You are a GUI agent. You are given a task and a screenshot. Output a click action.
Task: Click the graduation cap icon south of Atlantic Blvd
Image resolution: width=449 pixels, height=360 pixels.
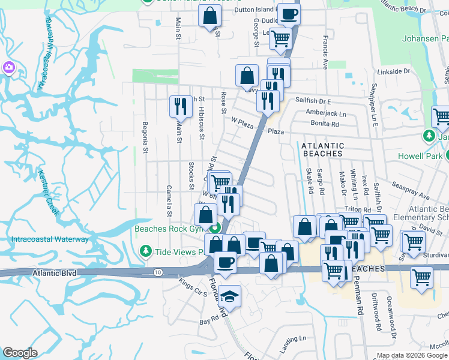click(x=229, y=296)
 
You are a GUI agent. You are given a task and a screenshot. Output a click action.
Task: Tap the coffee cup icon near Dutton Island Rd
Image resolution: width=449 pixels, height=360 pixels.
click(x=288, y=13)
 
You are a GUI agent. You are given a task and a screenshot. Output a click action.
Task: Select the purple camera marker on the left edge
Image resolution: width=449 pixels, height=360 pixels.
click(x=9, y=67)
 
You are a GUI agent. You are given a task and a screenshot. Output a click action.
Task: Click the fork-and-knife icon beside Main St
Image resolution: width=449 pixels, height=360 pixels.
click(x=179, y=107)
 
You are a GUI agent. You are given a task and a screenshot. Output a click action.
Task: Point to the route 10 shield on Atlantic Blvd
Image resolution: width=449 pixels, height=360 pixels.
click(x=157, y=272)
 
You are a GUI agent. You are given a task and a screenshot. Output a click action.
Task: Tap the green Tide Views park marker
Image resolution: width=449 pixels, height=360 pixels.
click(x=145, y=251)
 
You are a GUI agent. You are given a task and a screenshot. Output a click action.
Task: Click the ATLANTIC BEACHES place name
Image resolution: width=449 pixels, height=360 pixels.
click(x=322, y=149)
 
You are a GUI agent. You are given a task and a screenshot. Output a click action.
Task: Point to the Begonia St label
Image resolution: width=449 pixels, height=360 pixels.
click(x=145, y=137)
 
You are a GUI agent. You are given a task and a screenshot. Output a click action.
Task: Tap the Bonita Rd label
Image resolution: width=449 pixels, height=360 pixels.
click(x=325, y=124)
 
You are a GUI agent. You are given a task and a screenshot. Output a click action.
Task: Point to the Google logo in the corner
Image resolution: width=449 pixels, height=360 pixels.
click(x=20, y=353)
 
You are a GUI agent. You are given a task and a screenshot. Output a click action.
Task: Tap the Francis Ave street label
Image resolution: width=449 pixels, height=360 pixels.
click(x=325, y=53)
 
